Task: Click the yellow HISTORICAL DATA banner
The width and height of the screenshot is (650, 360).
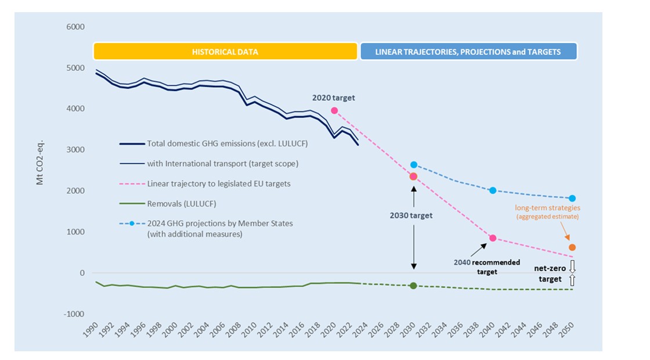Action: (225, 52)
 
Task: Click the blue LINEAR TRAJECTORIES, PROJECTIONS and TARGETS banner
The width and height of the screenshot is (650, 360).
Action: (468, 52)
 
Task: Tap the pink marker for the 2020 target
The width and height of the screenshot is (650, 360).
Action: (334, 110)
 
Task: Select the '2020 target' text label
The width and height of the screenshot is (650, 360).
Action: (333, 98)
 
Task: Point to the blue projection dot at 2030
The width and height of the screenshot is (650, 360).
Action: (414, 165)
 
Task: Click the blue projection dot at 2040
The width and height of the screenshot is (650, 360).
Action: (493, 190)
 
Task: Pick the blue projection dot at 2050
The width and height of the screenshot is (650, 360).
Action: (572, 199)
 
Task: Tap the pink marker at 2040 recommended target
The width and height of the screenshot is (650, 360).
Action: (493, 238)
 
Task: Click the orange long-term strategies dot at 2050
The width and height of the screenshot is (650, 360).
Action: (572, 247)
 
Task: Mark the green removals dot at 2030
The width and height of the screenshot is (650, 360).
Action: (413, 286)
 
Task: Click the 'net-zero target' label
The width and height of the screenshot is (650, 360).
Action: (548, 275)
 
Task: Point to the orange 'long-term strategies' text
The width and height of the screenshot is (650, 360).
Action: (547, 207)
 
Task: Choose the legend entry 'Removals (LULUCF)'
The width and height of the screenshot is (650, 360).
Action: (183, 203)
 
